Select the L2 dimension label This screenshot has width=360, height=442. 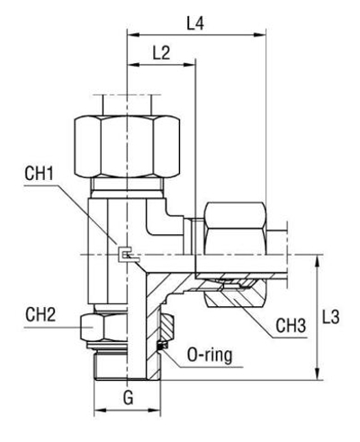[x=162, y=53]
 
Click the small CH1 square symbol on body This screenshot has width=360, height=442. [x=126, y=256]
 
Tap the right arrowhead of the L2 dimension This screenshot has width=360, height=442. [x=192, y=67]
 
